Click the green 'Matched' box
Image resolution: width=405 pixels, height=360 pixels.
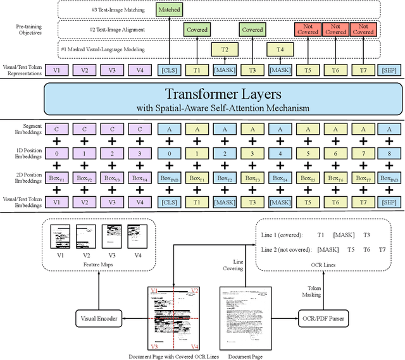click(169, 10)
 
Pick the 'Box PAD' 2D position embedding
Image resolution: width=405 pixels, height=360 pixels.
click(169, 179)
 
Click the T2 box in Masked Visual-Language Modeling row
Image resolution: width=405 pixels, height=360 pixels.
click(224, 49)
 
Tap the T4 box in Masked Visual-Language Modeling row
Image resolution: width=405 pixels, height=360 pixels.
click(279, 49)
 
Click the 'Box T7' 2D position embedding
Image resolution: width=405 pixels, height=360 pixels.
click(363, 179)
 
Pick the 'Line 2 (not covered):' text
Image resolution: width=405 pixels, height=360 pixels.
click(288, 249)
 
